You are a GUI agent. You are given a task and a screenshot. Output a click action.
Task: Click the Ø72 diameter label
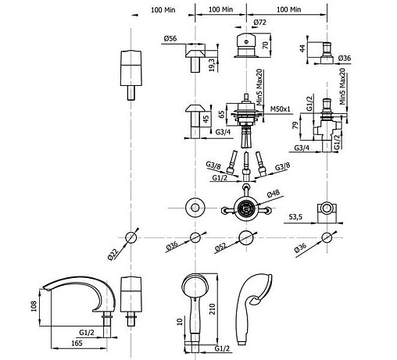(x=259, y=23)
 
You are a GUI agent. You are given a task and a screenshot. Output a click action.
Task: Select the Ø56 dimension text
(x=170, y=38)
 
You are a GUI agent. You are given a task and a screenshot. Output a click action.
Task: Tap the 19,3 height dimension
(x=212, y=65)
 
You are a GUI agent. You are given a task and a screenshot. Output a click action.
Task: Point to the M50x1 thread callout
(x=281, y=109)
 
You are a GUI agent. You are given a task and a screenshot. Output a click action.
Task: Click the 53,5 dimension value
(x=295, y=216)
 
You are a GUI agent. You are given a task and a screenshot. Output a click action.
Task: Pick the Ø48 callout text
(x=274, y=194)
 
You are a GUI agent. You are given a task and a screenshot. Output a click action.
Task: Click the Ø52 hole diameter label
(x=220, y=248)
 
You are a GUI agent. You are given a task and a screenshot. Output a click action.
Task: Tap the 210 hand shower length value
(x=213, y=309)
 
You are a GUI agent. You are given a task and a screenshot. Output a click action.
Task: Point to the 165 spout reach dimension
(x=77, y=343)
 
